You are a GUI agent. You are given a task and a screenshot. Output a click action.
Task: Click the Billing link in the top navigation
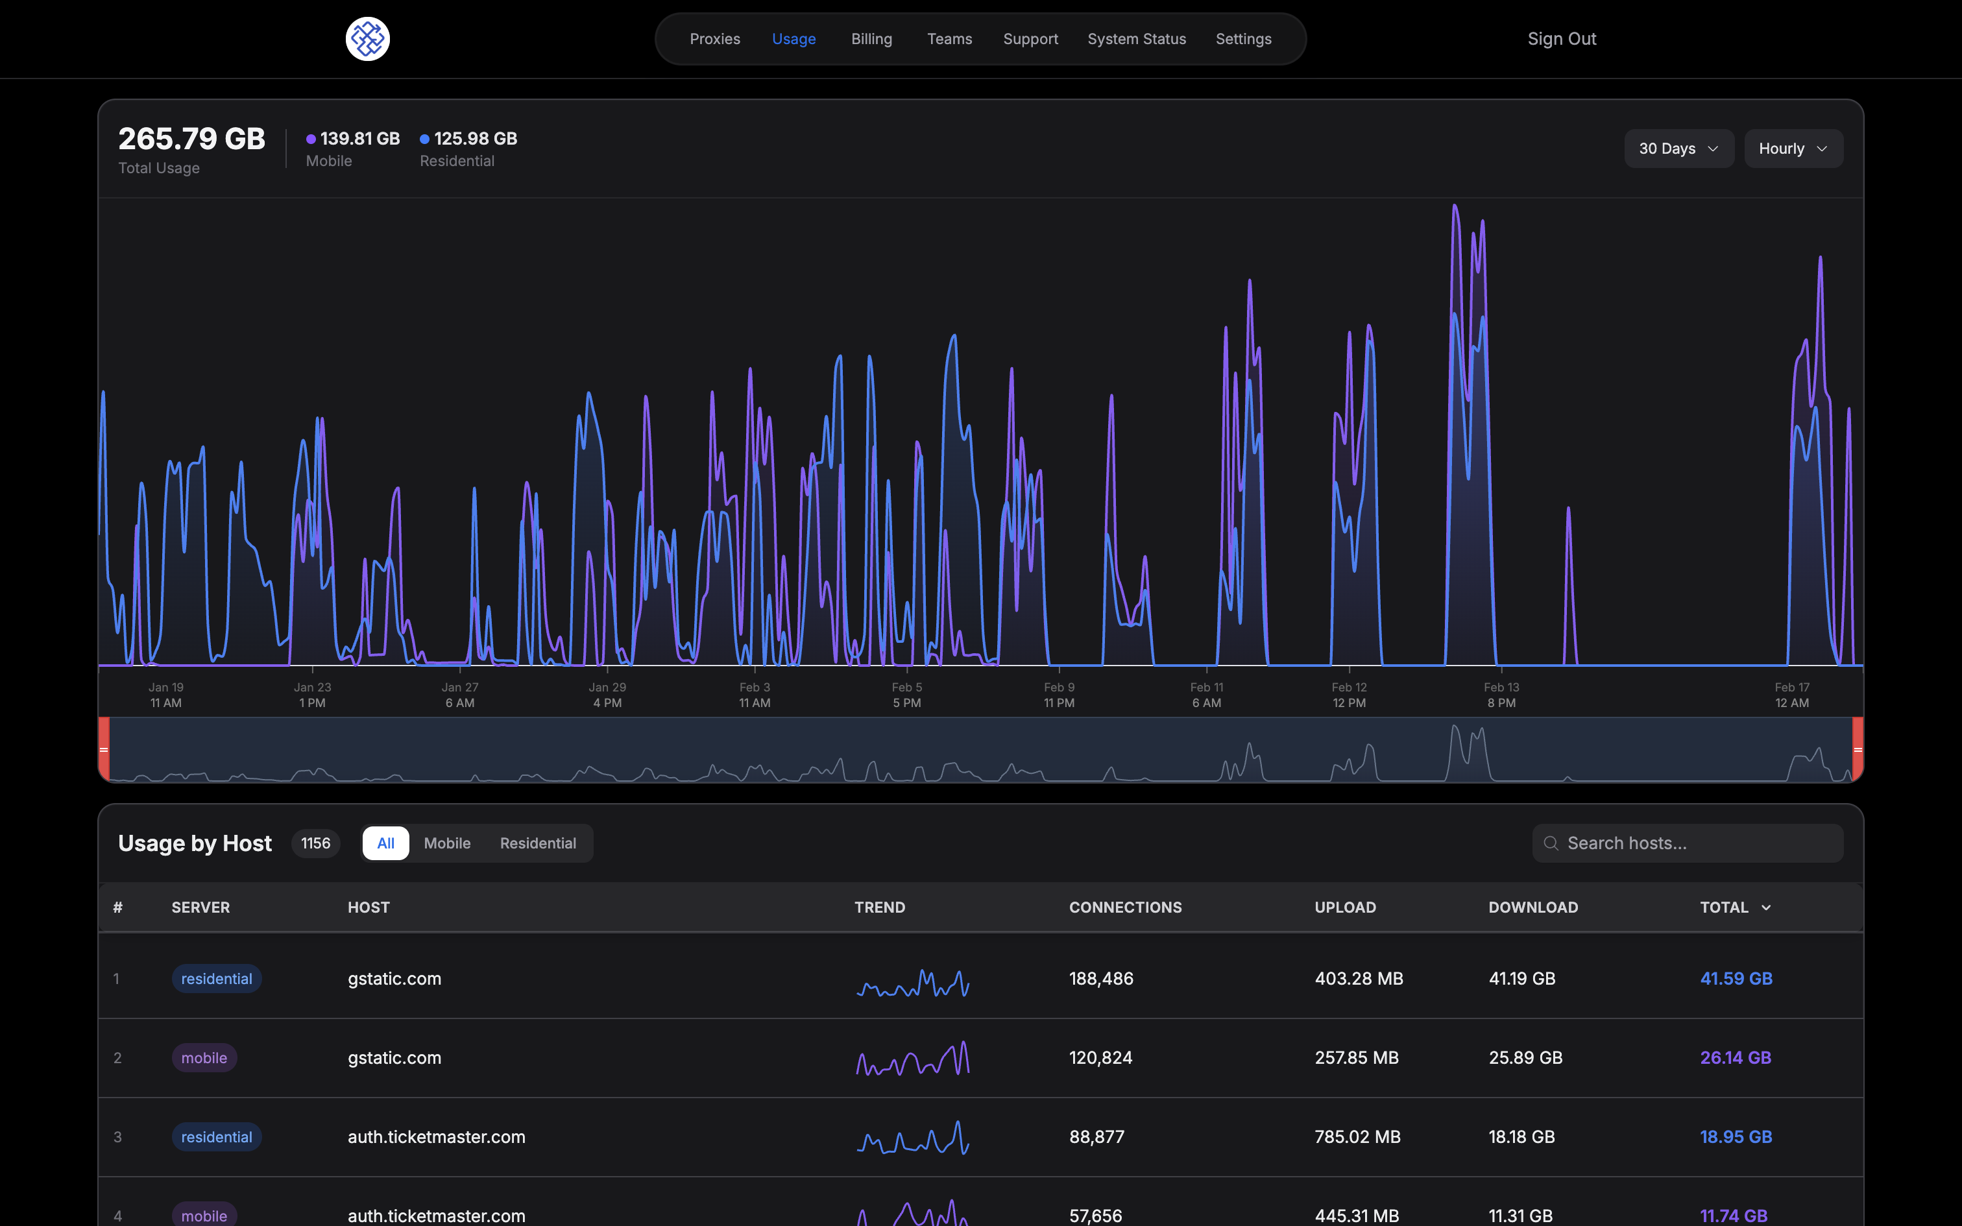coord(871,39)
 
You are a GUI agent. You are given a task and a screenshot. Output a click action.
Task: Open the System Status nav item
coord(1136,39)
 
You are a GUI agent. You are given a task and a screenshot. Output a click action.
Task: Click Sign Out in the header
coord(1562,39)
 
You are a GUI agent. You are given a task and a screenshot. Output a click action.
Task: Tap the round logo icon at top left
coord(367,39)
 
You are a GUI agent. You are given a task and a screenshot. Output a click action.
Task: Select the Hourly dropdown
coord(1793,149)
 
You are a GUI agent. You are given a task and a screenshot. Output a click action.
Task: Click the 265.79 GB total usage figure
coord(191,139)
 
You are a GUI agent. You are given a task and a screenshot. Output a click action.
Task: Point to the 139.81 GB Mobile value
coord(359,139)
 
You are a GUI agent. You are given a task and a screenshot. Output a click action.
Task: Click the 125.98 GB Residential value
coord(475,139)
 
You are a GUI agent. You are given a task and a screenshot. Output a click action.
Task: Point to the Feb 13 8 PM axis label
coord(1501,695)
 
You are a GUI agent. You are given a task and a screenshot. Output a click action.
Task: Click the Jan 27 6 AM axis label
coord(460,695)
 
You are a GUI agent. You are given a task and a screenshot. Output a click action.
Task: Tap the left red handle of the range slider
coord(104,749)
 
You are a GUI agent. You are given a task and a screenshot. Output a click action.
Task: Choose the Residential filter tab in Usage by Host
coord(537,843)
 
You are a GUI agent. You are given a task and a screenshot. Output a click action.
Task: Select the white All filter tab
coord(386,843)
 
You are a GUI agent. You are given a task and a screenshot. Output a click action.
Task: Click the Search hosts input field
coord(1695,843)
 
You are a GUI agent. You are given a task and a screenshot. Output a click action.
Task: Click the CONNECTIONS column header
coord(1125,907)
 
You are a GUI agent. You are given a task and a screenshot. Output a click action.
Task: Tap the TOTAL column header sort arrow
coord(1766,908)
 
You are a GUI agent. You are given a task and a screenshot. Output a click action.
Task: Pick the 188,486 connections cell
coord(1101,979)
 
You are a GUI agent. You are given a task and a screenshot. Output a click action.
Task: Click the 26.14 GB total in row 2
coord(1735,1057)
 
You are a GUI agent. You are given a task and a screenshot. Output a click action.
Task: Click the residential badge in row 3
coord(217,1136)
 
